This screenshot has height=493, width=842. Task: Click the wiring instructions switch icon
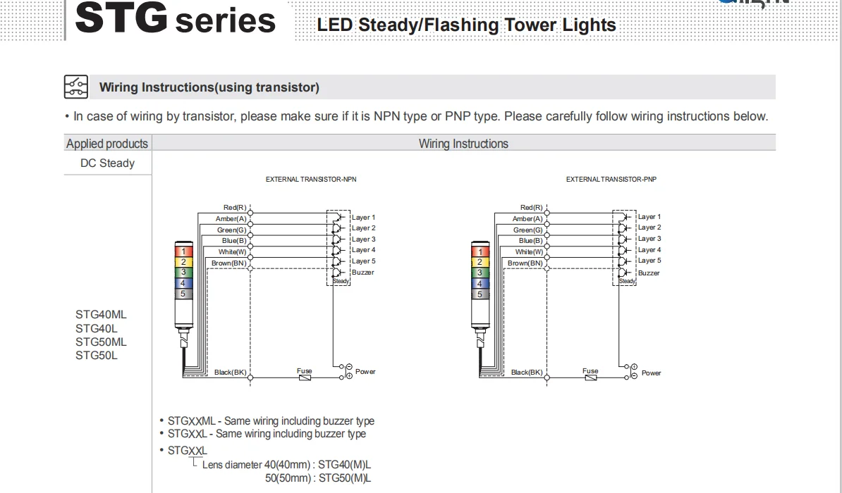76,87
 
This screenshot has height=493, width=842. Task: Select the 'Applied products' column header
107,144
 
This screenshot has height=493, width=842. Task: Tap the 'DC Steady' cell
107,163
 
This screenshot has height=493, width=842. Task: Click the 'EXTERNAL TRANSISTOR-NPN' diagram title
311,180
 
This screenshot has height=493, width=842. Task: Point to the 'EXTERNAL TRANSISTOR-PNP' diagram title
611,180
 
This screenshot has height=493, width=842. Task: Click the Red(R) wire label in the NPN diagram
235,208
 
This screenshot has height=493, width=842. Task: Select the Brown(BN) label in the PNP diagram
525,263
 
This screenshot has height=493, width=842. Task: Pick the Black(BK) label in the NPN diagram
231,372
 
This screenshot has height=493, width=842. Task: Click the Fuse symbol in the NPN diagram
305,378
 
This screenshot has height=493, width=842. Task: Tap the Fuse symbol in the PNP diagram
591,378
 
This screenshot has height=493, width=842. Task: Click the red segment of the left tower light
183,251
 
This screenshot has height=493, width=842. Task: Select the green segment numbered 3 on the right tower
480,273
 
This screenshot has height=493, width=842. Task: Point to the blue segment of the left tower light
183,283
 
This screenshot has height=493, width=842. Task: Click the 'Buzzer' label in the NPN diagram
362,273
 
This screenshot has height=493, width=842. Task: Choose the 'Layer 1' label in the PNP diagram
649,217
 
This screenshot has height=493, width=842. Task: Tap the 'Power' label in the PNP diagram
652,373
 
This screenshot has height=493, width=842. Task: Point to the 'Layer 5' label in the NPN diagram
364,261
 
